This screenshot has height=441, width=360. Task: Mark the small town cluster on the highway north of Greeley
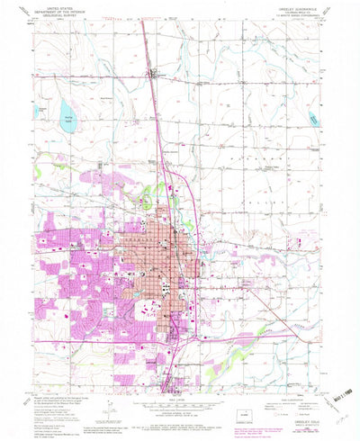(155, 74)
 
